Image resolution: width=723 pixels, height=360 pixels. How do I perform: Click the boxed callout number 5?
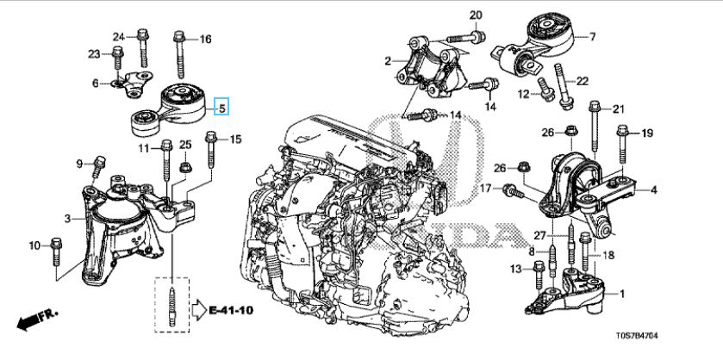pos(221,109)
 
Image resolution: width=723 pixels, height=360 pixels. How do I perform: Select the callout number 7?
pos(592,36)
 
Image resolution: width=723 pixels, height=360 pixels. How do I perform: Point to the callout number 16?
pos(205,40)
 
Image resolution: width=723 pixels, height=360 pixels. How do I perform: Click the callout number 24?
pos(119,35)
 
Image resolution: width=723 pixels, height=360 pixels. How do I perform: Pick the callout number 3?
pos(67,220)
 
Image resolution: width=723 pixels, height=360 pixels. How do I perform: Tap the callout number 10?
pos(35,246)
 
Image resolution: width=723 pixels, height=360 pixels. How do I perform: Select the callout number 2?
pos(390,60)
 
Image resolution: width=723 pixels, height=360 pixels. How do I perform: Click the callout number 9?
pos(79,164)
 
